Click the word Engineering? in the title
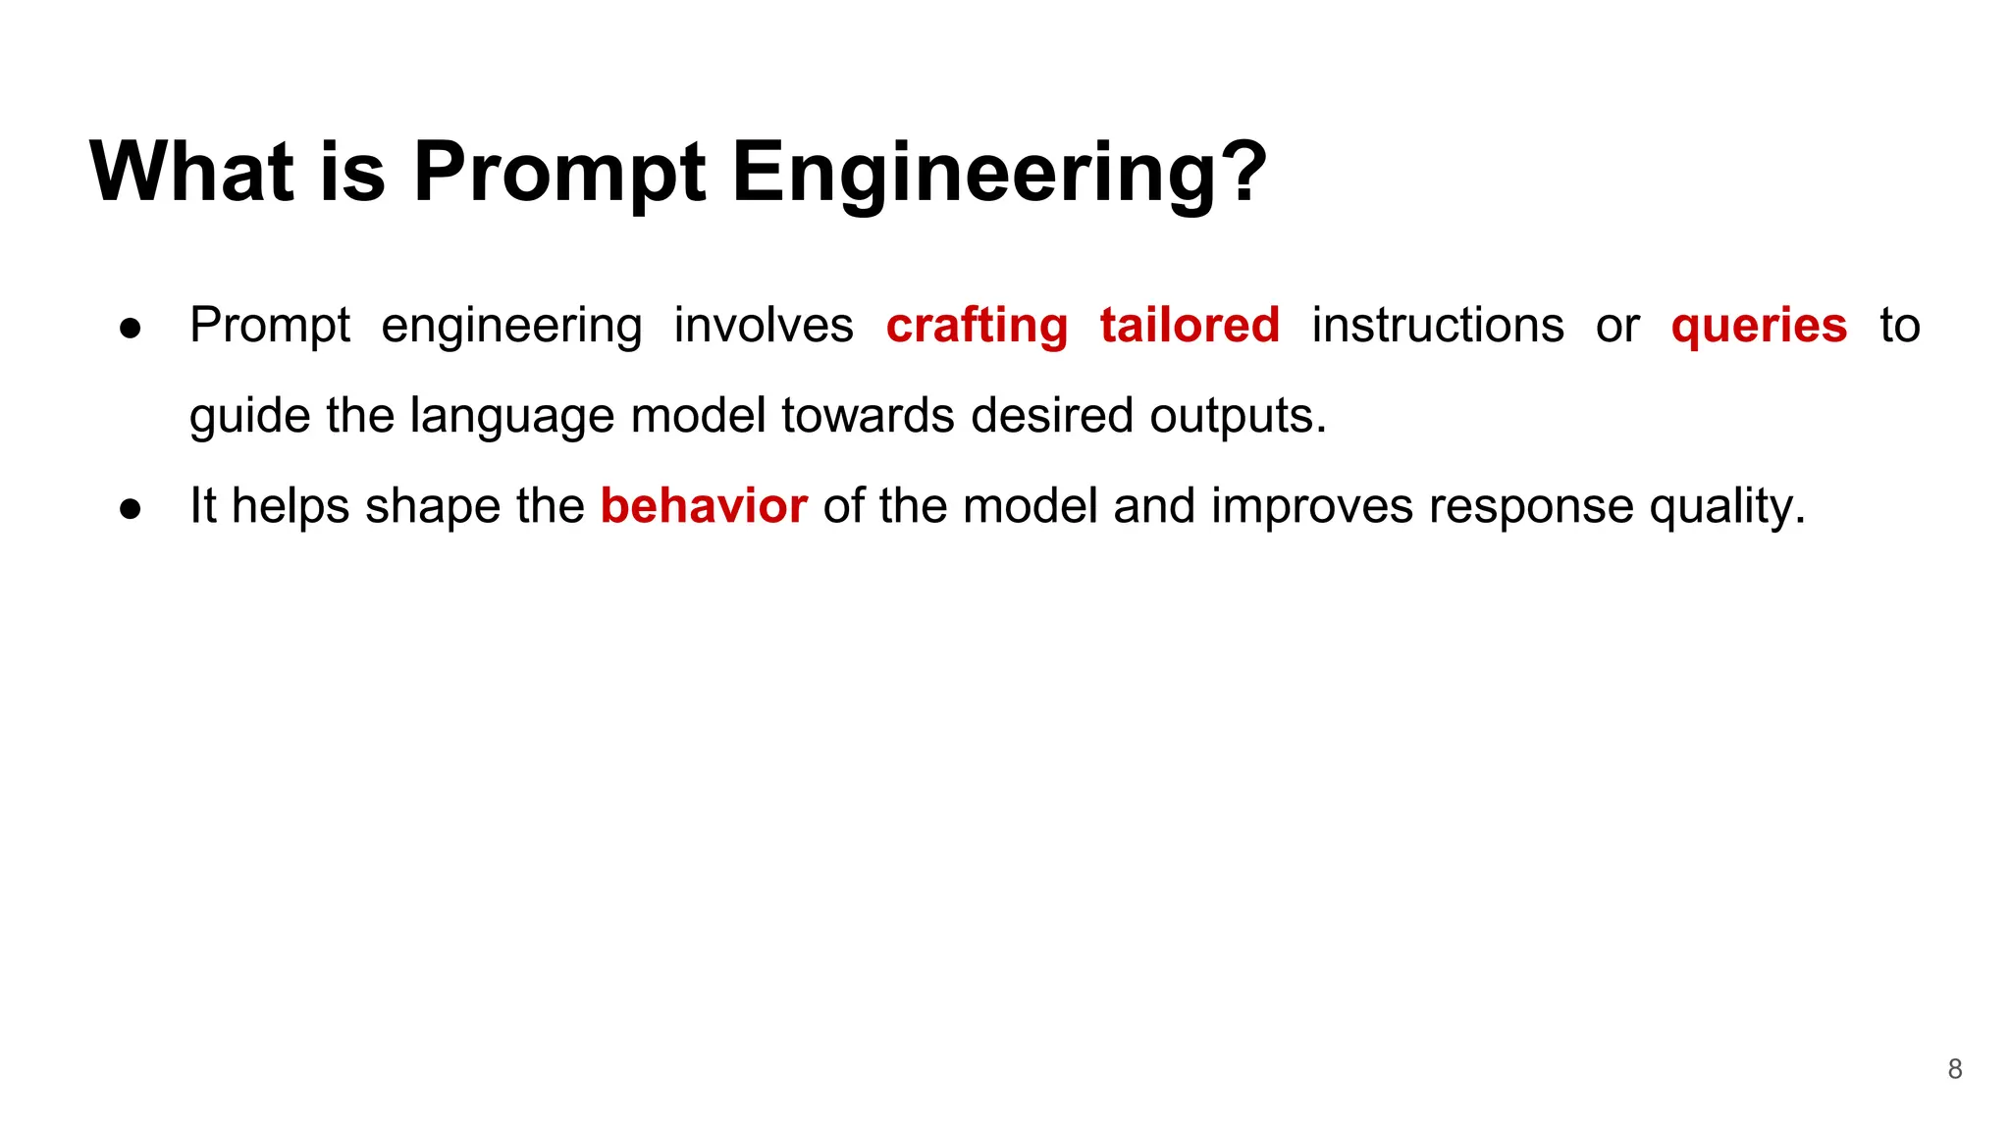coord(999,173)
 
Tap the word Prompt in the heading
coord(558,173)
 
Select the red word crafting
coord(977,326)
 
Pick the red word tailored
coord(1190,326)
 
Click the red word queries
coord(1759,326)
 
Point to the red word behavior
coord(704,506)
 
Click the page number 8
coord(1954,1069)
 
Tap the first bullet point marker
coord(131,328)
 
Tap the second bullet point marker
coord(131,508)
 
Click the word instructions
coord(1437,326)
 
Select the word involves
coord(764,326)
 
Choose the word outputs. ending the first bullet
coord(1238,416)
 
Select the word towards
coord(869,416)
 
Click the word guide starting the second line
coord(249,416)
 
